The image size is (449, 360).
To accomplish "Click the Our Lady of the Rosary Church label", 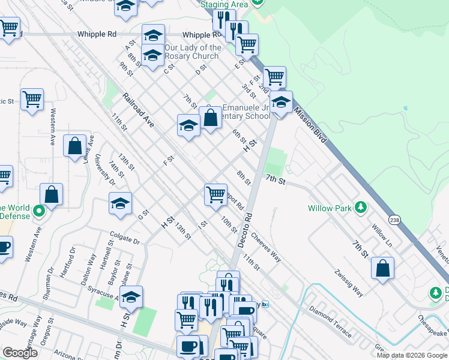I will (x=193, y=52).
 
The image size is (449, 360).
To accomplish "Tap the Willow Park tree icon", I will (x=360, y=208).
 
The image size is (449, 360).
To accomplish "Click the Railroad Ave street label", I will (x=138, y=110).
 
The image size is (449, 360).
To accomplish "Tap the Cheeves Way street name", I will (x=267, y=247).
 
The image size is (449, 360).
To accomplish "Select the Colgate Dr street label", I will (x=124, y=239).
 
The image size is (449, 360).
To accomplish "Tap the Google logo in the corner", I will (x=20, y=353).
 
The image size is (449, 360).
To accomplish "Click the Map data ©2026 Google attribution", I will (x=412, y=355).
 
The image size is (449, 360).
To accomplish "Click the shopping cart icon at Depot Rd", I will (x=215, y=194).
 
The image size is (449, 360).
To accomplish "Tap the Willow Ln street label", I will (x=381, y=232).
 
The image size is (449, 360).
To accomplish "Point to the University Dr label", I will (x=109, y=174).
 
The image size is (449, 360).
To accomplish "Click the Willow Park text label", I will (x=329, y=208).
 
